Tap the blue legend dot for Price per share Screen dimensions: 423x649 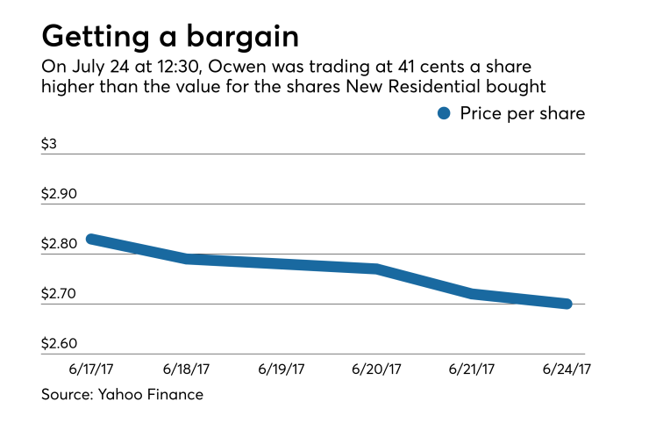444,113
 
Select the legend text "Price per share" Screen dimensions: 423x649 523,113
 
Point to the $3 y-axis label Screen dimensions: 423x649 49,143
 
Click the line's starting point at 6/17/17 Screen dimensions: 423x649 89,239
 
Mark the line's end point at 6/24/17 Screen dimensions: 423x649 567,304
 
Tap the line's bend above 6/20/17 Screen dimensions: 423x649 376,269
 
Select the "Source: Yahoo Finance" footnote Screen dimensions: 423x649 122,395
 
